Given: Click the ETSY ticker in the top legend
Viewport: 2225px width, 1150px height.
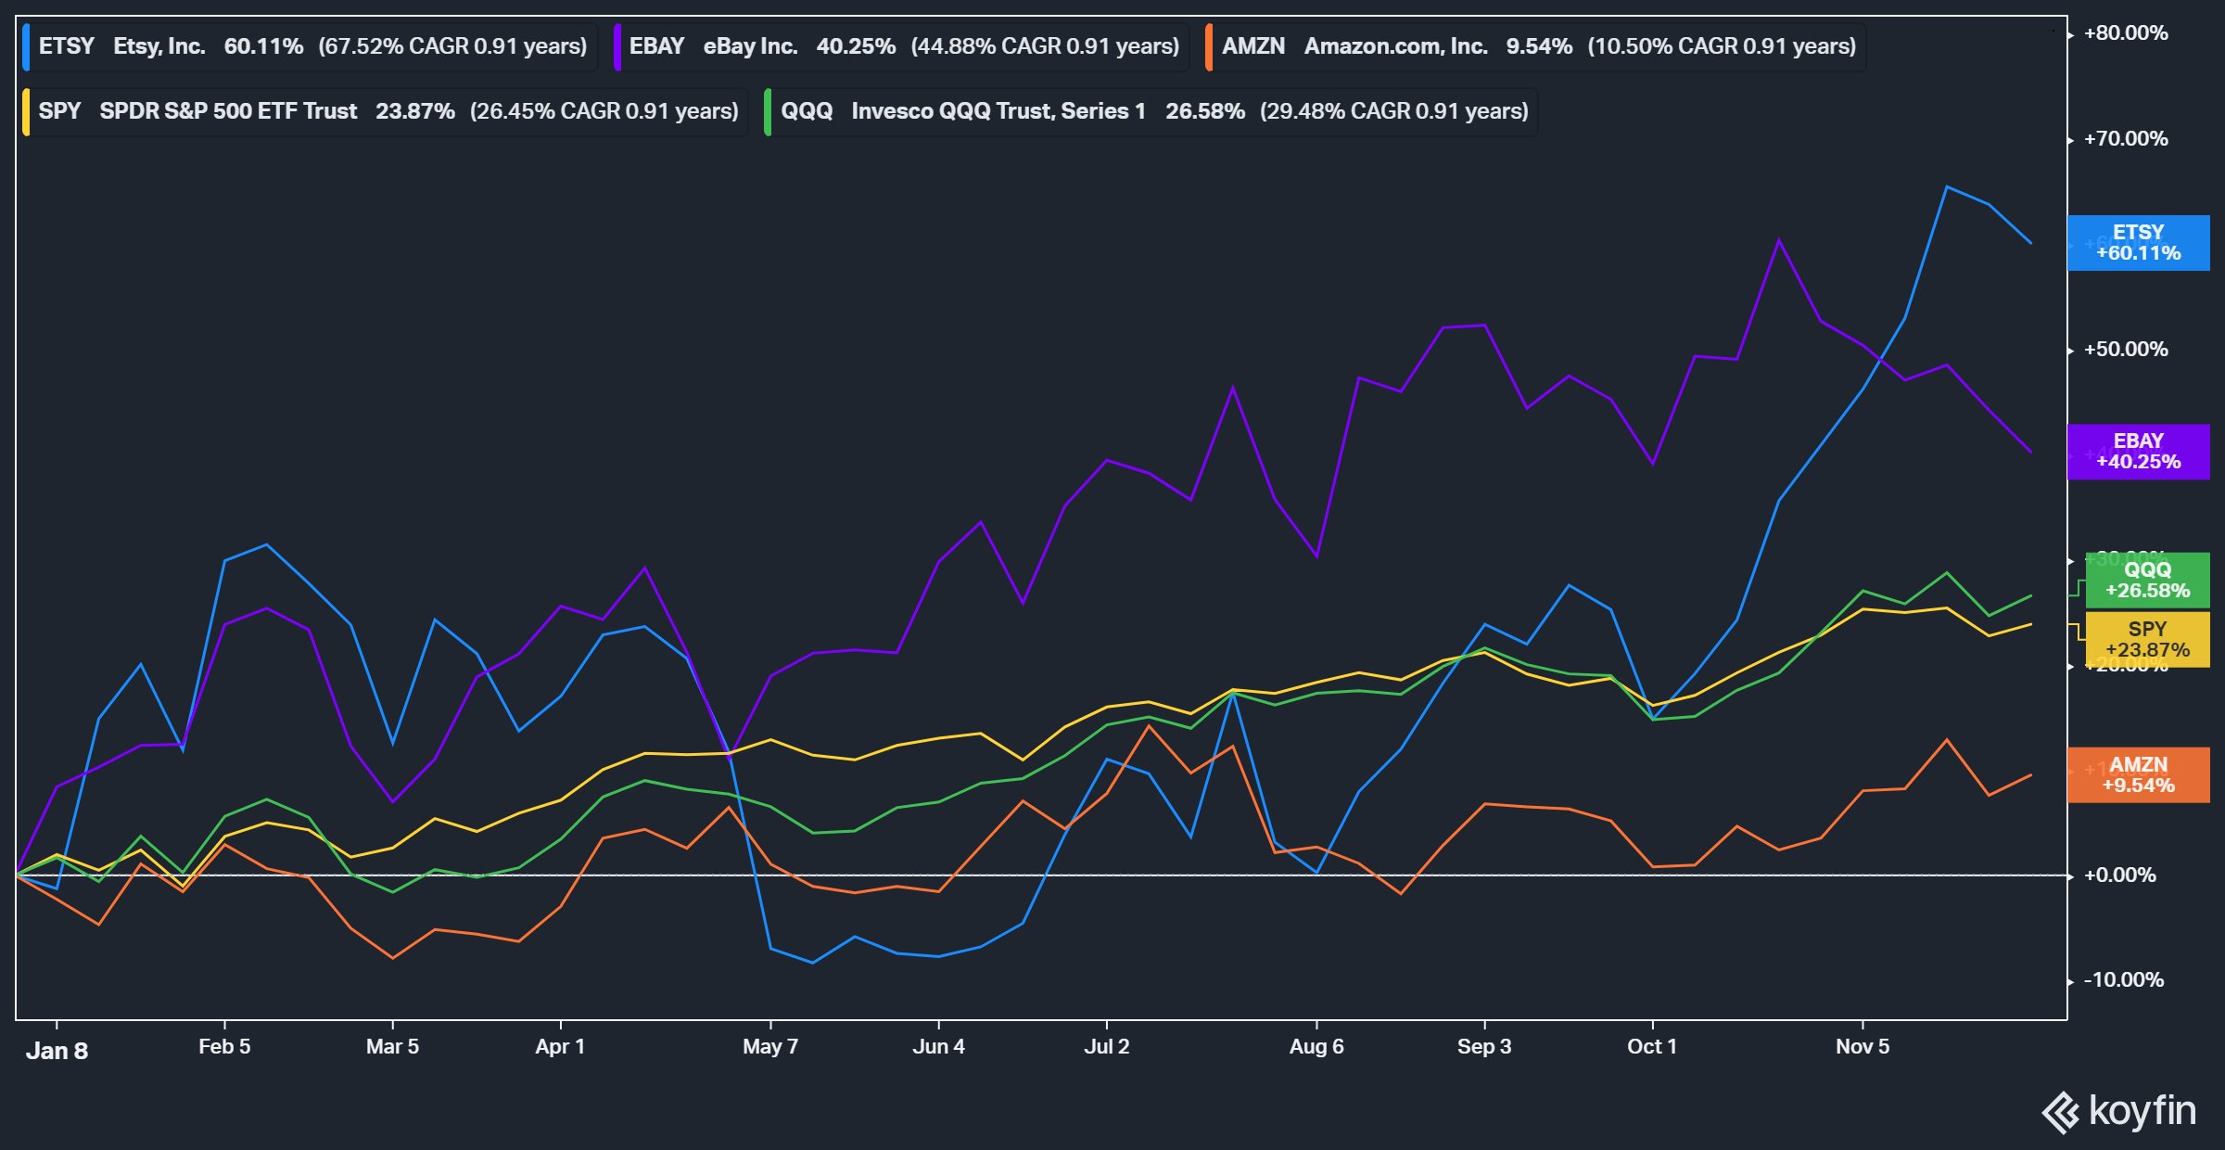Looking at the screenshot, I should click(66, 46).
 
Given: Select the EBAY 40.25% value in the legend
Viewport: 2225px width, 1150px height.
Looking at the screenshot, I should click(856, 46).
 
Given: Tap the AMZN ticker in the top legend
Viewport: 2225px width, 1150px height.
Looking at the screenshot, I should click(1252, 46).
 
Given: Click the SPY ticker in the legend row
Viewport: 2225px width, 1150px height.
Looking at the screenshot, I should click(59, 111).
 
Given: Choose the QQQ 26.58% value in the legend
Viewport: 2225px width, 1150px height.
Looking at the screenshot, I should click(1204, 111).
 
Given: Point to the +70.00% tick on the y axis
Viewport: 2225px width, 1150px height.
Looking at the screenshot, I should click(2125, 139).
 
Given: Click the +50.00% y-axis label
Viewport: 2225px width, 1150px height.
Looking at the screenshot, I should click(2125, 350).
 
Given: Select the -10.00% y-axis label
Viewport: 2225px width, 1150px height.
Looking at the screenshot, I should click(2123, 980).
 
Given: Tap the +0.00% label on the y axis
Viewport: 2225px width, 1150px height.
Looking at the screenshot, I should click(2119, 875).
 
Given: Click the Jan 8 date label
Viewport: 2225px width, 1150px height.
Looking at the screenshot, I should click(57, 1051).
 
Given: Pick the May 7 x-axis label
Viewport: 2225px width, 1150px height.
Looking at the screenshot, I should click(769, 1047).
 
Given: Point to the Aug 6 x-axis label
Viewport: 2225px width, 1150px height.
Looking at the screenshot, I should click(1316, 1047).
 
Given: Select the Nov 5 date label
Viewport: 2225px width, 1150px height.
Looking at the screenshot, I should click(1862, 1047).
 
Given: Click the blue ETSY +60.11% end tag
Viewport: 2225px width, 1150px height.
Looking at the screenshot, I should click(2138, 243).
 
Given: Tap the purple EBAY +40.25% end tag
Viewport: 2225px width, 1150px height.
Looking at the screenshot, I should click(2138, 452).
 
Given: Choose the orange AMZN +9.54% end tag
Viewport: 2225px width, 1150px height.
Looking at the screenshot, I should click(2138, 775).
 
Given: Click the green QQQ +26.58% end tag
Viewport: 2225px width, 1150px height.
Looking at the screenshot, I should click(2147, 581).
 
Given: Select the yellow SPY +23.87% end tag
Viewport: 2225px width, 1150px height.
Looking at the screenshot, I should click(2147, 640).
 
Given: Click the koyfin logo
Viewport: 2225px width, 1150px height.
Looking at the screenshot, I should click(2119, 1111).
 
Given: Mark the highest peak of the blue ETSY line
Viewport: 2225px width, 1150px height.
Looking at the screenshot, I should click(1946, 187).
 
